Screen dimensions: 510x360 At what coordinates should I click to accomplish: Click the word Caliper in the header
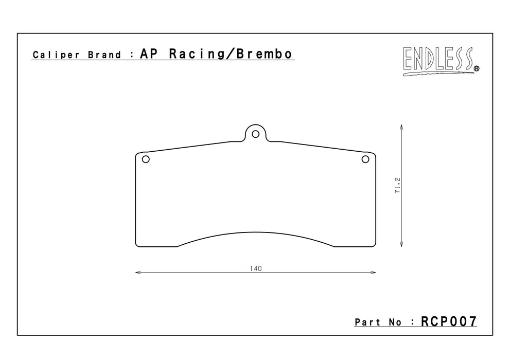tap(56, 55)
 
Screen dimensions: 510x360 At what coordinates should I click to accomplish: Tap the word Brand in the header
tap(104, 55)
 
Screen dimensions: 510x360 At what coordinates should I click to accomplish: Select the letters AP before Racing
tap(149, 53)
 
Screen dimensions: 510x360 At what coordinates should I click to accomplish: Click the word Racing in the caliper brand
tap(197, 54)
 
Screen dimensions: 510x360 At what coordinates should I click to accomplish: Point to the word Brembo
tap(265, 53)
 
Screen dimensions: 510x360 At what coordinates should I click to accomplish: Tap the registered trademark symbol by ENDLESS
tap(477, 68)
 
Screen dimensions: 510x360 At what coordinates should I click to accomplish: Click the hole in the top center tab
tap(256, 134)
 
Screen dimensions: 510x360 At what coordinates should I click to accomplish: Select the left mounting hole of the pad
tap(146, 159)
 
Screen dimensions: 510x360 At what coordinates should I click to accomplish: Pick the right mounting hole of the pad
tap(365, 159)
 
